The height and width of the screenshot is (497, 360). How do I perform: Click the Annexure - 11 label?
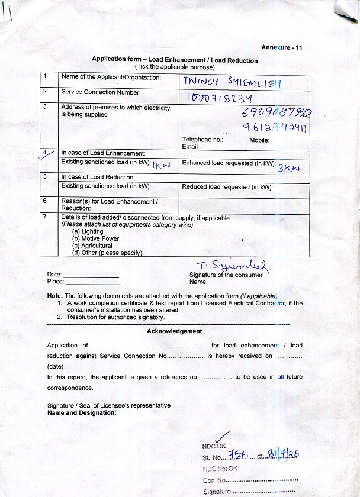(x=281, y=47)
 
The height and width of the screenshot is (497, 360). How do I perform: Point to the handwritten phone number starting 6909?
(x=277, y=113)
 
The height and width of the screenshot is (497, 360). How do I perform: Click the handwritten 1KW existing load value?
(x=161, y=165)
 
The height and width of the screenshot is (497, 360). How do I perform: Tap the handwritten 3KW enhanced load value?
(x=289, y=167)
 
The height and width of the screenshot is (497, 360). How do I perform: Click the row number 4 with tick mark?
(x=46, y=154)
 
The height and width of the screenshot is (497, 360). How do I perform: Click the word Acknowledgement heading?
(x=174, y=331)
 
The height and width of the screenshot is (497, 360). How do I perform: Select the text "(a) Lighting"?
(x=88, y=231)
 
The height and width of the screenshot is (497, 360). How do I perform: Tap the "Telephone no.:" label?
(x=202, y=140)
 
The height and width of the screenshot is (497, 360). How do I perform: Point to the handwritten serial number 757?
(x=239, y=454)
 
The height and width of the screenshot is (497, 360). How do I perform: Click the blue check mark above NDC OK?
(x=222, y=438)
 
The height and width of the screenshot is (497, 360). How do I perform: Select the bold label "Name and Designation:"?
(x=82, y=412)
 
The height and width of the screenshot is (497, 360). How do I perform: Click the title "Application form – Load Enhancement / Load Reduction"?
(x=175, y=60)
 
